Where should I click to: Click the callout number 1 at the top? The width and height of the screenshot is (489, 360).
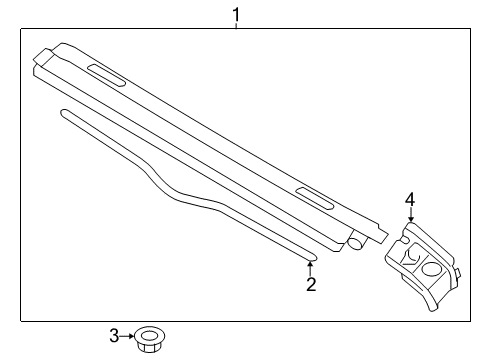click(236, 15)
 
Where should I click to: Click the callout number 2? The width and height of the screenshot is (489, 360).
click(311, 284)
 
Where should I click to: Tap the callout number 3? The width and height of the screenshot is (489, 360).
click(114, 336)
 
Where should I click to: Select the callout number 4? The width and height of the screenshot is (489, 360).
click(410, 200)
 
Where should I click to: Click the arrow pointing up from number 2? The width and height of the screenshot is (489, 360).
click(310, 269)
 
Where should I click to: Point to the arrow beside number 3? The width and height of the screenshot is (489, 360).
click(127, 336)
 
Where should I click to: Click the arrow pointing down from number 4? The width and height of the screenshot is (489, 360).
click(411, 214)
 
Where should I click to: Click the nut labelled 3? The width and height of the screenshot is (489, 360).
click(150, 339)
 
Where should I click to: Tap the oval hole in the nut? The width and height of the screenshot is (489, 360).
click(149, 335)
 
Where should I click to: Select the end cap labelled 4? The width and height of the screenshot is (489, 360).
click(423, 266)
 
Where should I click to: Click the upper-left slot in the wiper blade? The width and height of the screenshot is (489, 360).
click(107, 75)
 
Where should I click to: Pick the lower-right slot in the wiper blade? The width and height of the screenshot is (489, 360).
click(315, 199)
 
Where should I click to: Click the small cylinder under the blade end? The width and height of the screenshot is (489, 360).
click(355, 243)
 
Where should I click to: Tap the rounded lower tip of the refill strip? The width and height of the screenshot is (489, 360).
click(313, 257)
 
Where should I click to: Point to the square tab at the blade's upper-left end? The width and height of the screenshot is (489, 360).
click(42, 56)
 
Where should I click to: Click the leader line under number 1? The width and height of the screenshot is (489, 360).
click(236, 25)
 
